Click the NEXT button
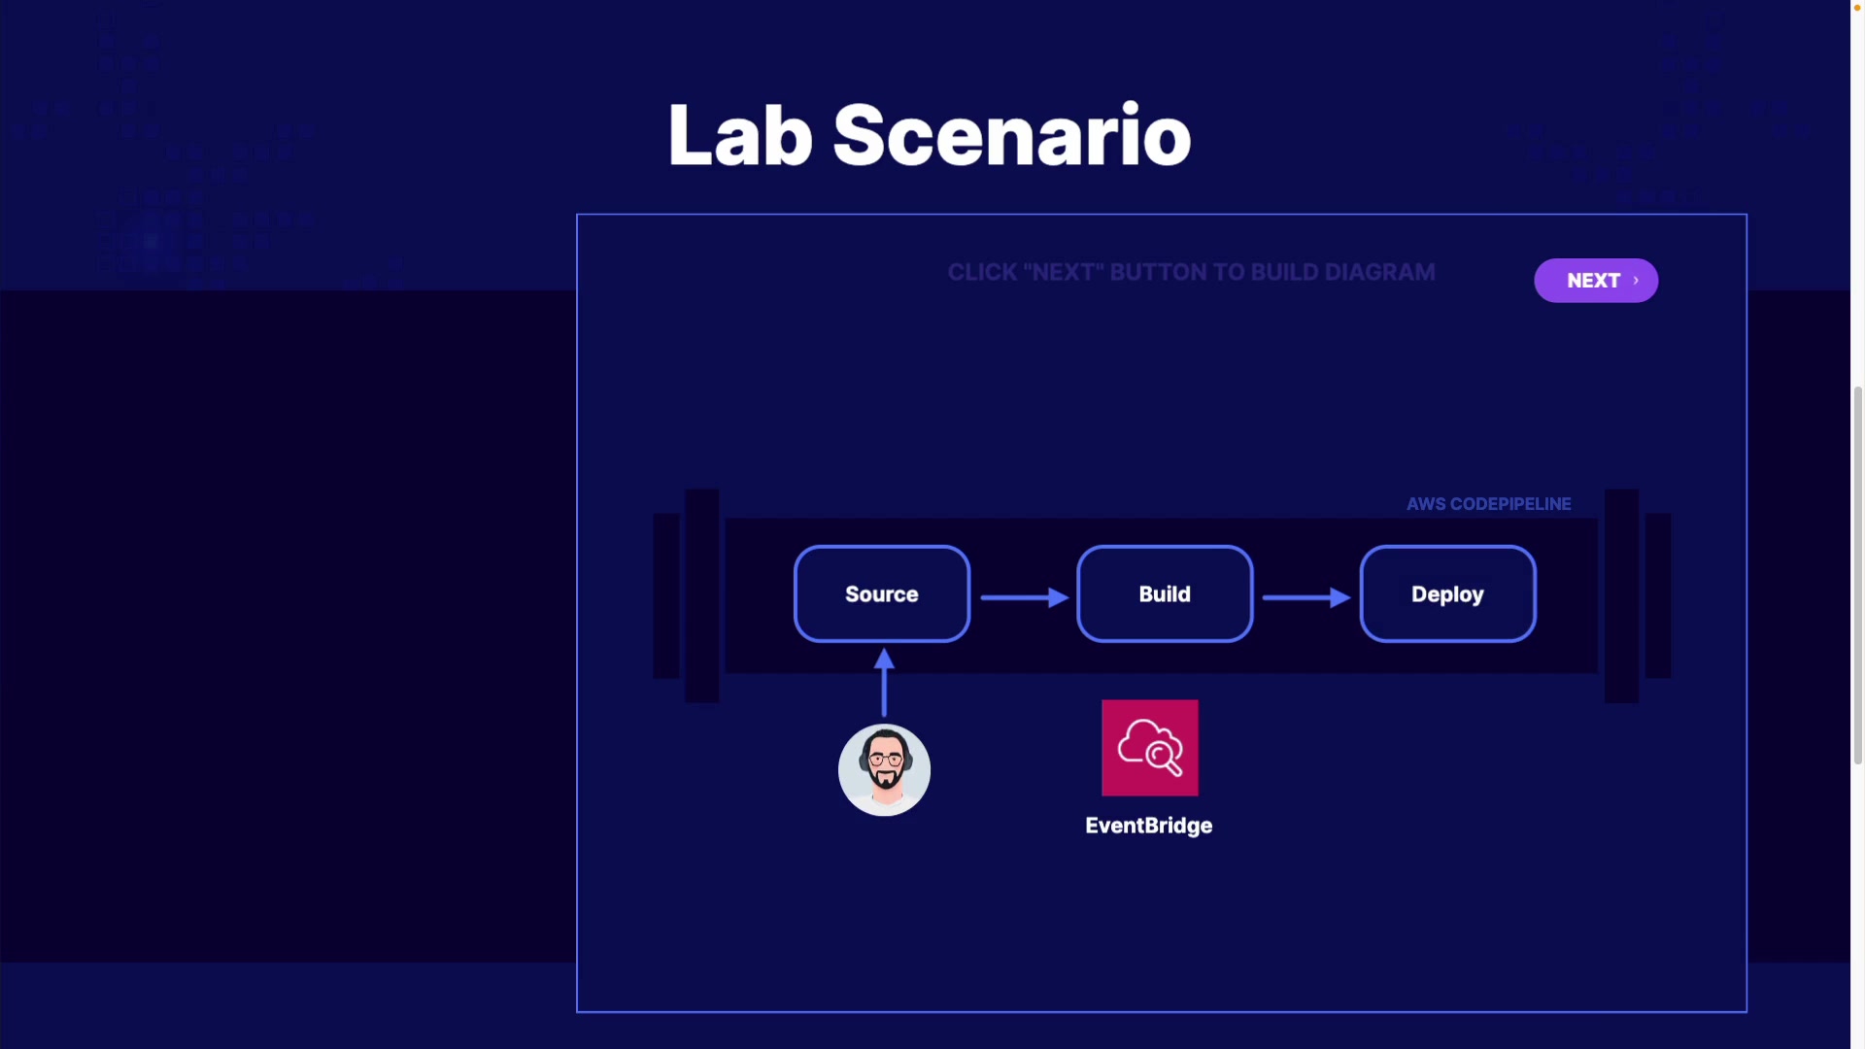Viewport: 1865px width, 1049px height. [x=1595, y=281]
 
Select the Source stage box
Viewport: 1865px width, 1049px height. [x=882, y=593]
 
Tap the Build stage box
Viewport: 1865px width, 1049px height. [x=1165, y=593]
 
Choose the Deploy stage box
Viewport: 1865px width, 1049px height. [x=1447, y=593]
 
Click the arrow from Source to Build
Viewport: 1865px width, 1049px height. [x=1025, y=597]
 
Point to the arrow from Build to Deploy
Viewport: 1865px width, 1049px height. [x=1306, y=597]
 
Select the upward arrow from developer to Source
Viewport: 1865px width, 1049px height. [x=884, y=683]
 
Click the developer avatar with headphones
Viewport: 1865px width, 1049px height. [x=884, y=770]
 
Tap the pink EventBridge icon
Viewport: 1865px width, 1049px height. [x=1150, y=748]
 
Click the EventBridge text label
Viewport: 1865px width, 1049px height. [x=1149, y=826]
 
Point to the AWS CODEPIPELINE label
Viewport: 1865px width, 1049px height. [x=1488, y=504]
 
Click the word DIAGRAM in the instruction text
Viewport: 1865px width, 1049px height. [x=1379, y=273]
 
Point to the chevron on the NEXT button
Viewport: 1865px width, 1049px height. [x=1636, y=281]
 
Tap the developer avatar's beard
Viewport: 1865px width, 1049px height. [x=885, y=779]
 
